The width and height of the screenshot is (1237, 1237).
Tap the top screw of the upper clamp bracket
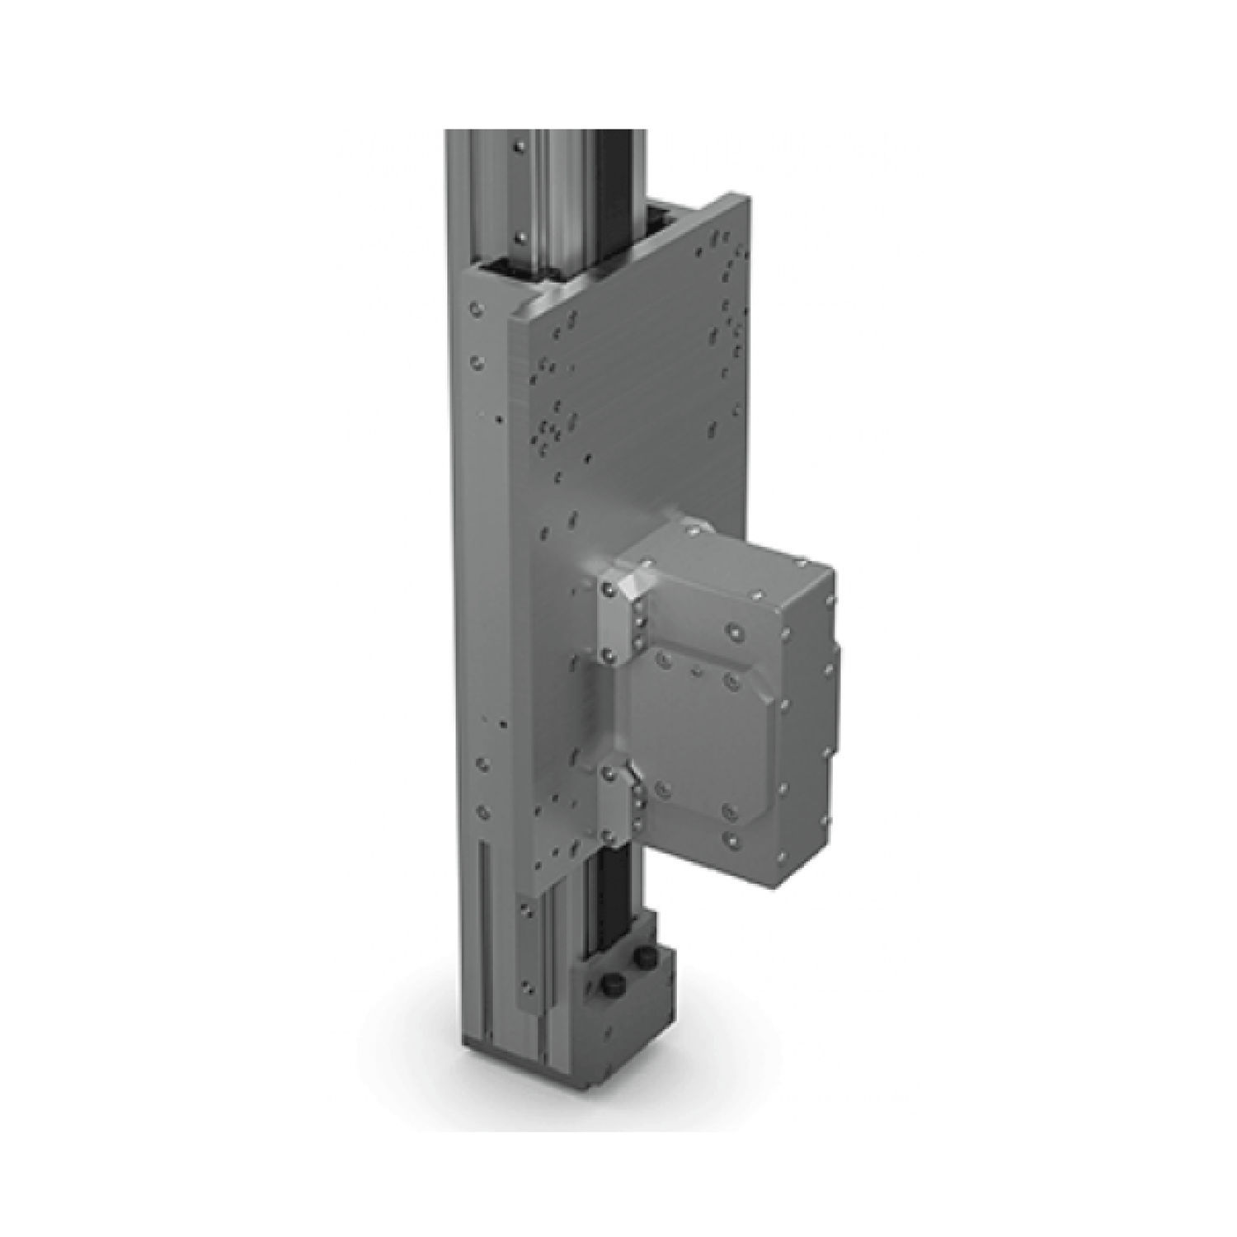(x=608, y=590)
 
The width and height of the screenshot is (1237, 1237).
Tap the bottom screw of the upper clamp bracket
(x=607, y=654)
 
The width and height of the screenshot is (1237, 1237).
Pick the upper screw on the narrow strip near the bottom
(x=523, y=911)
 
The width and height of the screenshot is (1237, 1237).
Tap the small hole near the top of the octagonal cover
(x=698, y=671)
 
